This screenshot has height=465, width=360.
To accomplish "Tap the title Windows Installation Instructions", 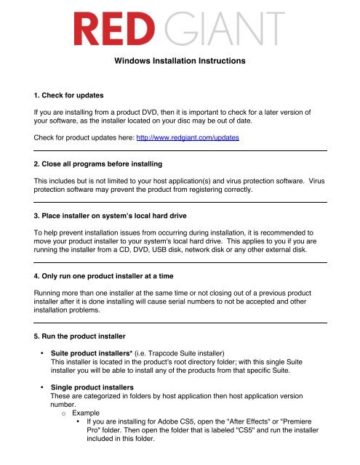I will (x=179, y=62).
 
